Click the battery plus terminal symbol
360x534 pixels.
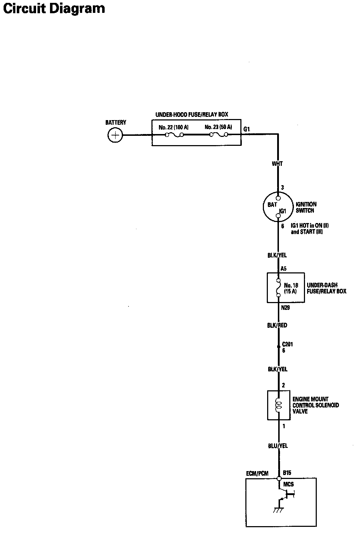tap(115, 135)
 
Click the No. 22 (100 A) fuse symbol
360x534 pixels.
tap(174, 135)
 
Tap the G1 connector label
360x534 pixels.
tap(246, 129)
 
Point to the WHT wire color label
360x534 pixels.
tap(277, 164)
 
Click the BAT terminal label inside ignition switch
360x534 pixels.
tap(272, 205)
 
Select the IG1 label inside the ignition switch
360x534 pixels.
tap(282, 211)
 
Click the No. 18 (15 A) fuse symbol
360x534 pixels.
tap(278, 288)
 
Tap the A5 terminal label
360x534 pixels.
tap(284, 268)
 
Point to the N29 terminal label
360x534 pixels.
tap(285, 307)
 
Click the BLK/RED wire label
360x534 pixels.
tap(277, 325)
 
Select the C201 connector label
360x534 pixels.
tap(287, 345)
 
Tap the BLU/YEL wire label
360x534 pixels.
tap(277, 446)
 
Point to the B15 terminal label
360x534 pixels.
tap(287, 473)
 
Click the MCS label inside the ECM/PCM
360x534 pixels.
tap(288, 485)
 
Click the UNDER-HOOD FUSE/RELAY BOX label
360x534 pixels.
tap(191, 115)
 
